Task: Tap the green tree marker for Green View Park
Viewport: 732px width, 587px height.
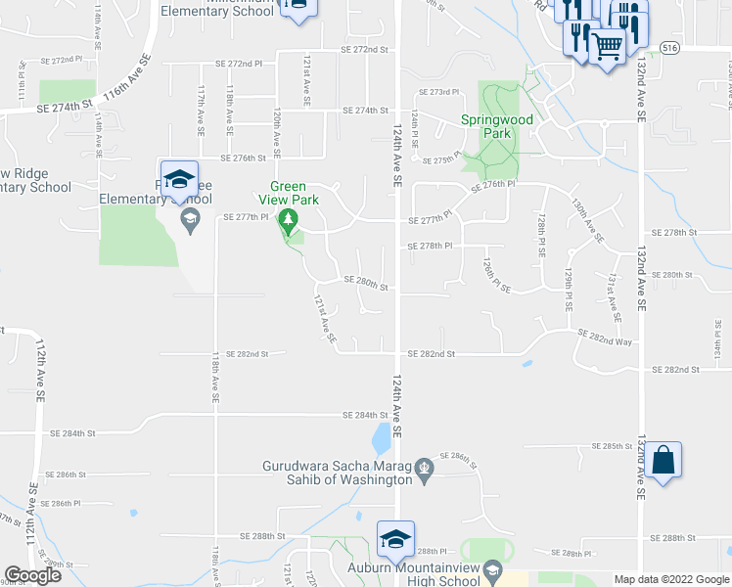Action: [288, 220]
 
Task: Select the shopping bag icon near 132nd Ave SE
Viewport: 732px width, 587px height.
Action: [663, 461]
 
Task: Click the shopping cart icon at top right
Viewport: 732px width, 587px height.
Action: [608, 44]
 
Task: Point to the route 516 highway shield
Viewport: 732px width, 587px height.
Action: [669, 46]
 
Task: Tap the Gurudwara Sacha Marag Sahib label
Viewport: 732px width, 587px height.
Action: [338, 473]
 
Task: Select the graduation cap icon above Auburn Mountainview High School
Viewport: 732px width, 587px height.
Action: [395, 538]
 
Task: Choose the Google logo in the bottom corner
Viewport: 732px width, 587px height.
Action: [32, 575]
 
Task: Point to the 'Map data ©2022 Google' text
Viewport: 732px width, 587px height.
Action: [670, 579]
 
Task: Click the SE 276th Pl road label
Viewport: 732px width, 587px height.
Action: [492, 185]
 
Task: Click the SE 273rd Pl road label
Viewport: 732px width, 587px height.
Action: [438, 92]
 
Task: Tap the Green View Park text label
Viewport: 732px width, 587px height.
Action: [288, 193]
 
